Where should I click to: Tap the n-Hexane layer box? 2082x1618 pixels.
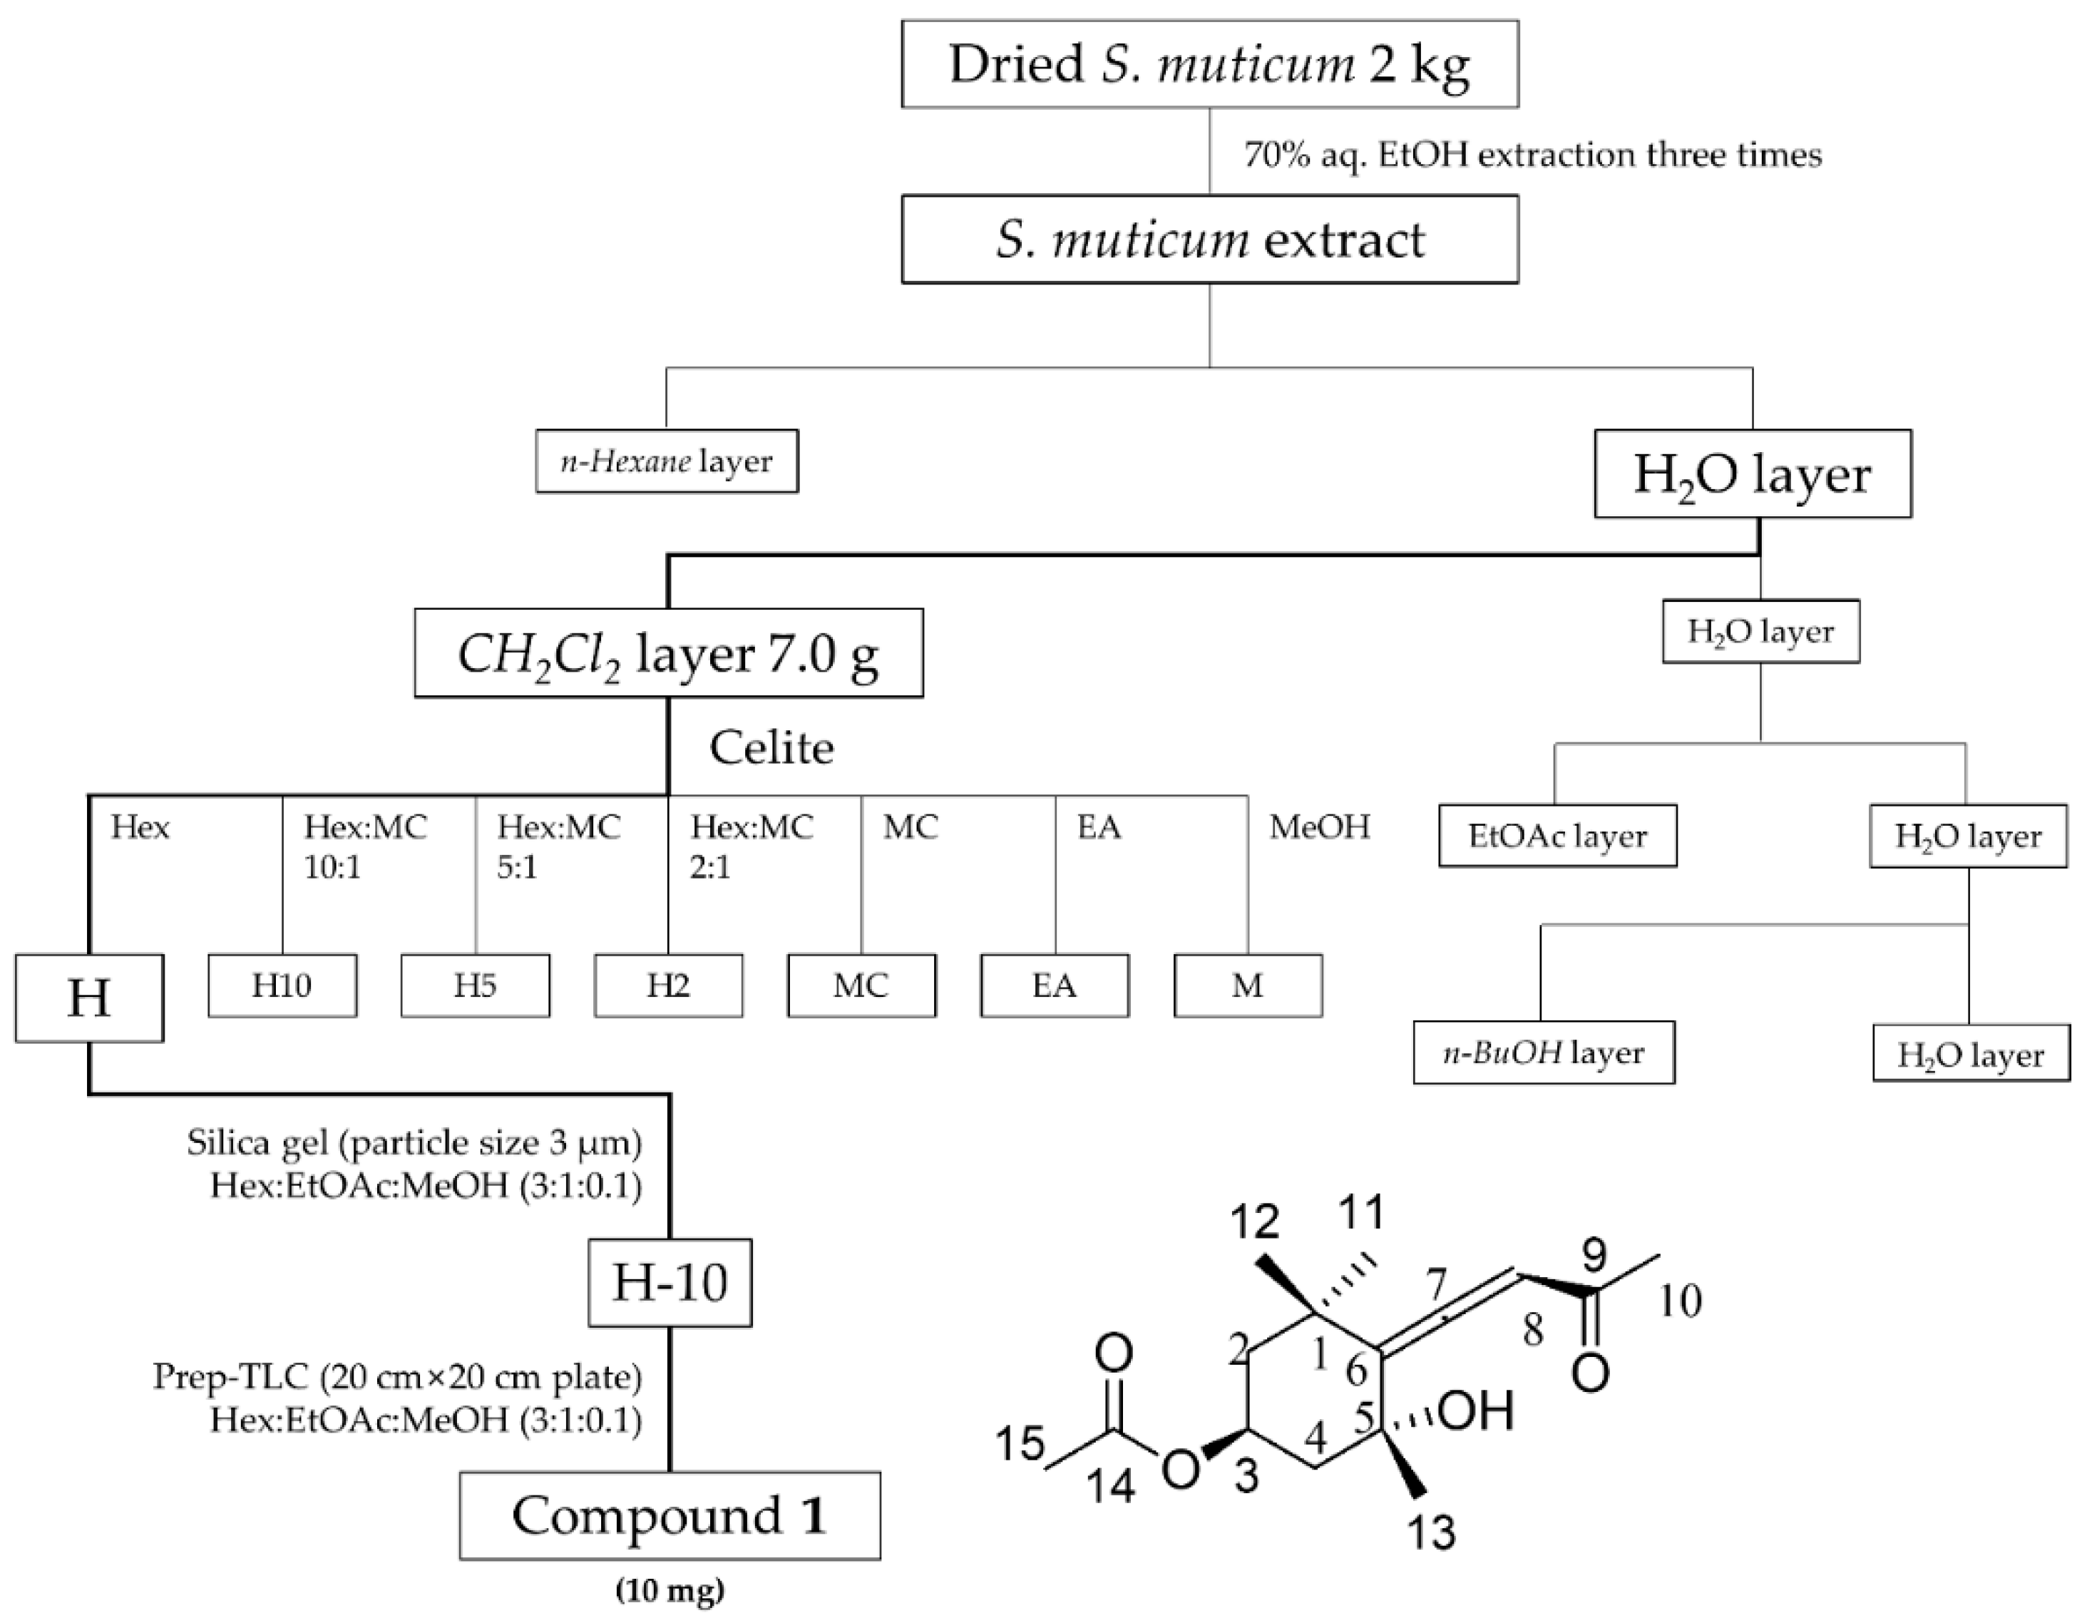click(x=667, y=462)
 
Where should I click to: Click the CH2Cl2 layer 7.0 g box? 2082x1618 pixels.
click(x=668, y=654)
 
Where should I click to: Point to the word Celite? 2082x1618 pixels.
click(x=771, y=749)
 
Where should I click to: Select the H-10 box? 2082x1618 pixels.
click(x=670, y=1282)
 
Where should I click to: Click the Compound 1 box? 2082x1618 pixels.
click(x=670, y=1516)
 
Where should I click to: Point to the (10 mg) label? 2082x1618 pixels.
click(x=670, y=1590)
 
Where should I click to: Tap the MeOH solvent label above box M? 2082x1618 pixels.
click(x=1319, y=826)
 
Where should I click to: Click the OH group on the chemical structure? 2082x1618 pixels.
click(x=1476, y=1411)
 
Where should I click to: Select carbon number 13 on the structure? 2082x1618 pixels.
click(x=1432, y=1533)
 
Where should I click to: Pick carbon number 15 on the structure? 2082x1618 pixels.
click(x=1020, y=1443)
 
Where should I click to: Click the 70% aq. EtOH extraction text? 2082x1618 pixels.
click(x=1532, y=155)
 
